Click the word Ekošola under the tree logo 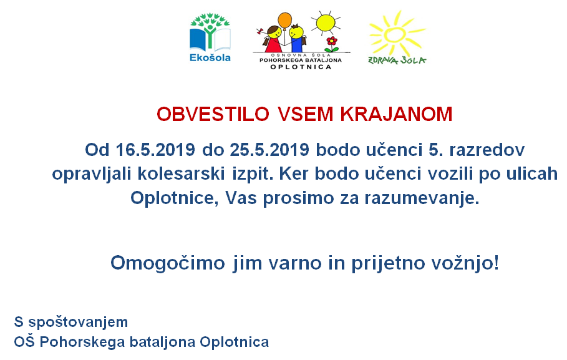[210, 57]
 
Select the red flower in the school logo [332, 41]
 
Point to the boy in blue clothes [297, 38]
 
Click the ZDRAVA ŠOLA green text [397, 61]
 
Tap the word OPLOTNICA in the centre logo [301, 67]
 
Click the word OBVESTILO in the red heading [213, 114]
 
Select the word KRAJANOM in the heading [396, 114]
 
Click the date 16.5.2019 [155, 150]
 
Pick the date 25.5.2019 [269, 150]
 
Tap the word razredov [487, 150]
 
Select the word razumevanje [422, 198]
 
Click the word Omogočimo [168, 263]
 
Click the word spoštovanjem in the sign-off [78, 322]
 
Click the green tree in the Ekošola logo [210, 29]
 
